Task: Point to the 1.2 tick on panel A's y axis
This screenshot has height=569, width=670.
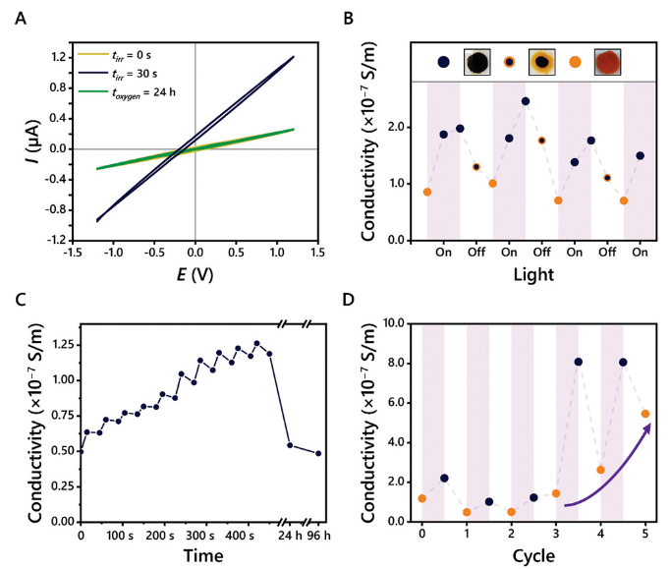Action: coord(53,57)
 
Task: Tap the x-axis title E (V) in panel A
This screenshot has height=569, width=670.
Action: coord(196,274)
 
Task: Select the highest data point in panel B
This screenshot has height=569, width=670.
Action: coord(526,100)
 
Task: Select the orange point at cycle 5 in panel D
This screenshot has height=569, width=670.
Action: coord(645,413)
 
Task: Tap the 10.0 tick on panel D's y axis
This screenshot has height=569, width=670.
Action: coord(396,322)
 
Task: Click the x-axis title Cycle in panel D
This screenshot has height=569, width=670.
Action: coord(533,556)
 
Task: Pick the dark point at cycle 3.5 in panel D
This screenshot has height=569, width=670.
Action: coord(579,362)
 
